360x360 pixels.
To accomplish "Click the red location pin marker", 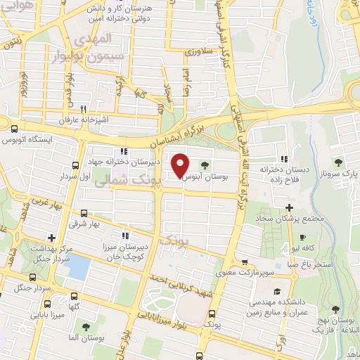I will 180,165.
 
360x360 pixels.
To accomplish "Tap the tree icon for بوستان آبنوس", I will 205,166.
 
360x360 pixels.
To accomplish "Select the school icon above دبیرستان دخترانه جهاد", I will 124,151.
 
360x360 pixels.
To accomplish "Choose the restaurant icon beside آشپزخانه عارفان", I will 84,109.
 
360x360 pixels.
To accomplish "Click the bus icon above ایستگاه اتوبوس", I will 15,129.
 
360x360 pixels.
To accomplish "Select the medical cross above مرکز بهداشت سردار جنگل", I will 51,237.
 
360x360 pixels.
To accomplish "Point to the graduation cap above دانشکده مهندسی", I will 276,291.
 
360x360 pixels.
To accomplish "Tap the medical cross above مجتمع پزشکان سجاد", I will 289,207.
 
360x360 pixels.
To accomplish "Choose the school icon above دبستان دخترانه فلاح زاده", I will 285,158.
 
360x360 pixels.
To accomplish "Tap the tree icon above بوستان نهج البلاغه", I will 340,307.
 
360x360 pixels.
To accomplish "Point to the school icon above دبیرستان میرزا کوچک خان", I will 125,236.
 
